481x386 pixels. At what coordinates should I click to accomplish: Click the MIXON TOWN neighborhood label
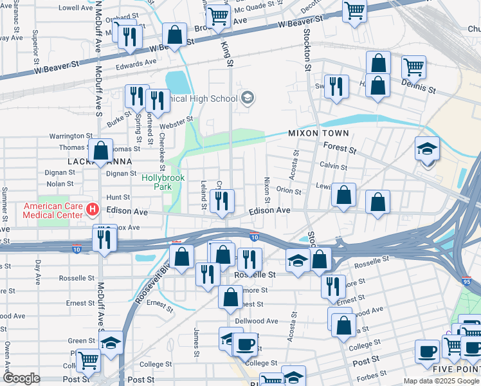(x=318, y=133)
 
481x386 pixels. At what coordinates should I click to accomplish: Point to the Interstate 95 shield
(x=466, y=282)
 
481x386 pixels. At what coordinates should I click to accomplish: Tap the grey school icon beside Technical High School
(x=246, y=98)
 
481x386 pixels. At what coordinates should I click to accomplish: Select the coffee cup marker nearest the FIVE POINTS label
(x=427, y=353)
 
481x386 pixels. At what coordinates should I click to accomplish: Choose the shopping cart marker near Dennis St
(x=413, y=67)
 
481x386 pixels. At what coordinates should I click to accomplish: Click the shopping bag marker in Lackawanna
(x=101, y=152)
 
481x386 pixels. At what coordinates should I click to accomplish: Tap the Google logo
(x=21, y=378)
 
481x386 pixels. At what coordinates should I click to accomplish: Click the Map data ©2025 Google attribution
(x=440, y=381)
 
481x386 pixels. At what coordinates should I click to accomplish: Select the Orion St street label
(x=288, y=191)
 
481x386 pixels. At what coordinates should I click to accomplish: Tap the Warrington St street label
(x=71, y=136)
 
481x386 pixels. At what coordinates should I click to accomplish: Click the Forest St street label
(x=340, y=149)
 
